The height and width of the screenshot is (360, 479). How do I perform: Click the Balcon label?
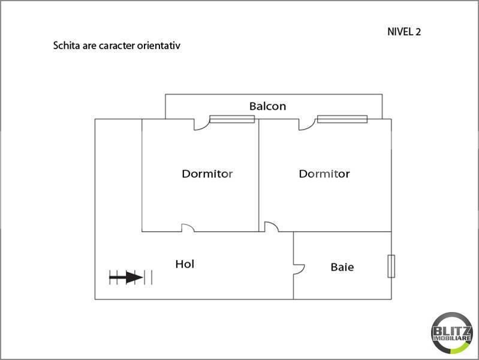267,106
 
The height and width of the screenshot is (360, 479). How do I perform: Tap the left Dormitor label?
207,174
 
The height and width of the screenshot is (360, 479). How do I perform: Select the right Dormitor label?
324,174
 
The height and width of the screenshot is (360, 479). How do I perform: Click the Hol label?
185,264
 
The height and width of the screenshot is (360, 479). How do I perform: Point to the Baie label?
342,267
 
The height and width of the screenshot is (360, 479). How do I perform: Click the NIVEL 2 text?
404,32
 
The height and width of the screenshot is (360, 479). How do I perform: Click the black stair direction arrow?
126,277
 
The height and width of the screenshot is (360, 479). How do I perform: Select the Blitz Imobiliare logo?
451,333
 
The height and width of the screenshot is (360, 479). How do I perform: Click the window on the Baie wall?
391,266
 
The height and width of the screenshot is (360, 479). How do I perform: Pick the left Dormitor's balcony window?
232,119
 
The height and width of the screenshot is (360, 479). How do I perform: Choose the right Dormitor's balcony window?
342,119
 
